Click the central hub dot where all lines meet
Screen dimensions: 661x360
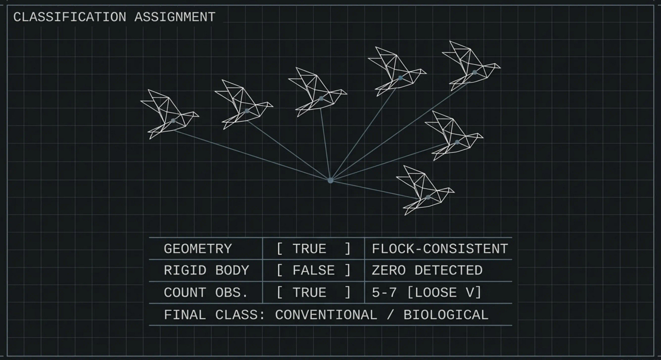tap(330, 180)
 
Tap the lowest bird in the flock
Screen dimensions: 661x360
tap(424, 191)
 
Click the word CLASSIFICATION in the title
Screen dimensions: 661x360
tap(69, 17)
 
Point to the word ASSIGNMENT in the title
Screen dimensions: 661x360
tap(175, 17)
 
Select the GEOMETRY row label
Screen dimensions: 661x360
tap(197, 249)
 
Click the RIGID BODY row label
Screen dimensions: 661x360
tap(206, 271)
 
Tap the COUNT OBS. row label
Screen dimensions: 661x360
tap(206, 293)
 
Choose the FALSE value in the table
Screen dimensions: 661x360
tap(313, 271)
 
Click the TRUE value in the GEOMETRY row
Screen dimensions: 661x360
tap(309, 249)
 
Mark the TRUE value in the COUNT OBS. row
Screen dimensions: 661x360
tap(309, 293)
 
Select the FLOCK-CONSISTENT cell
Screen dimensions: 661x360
tap(439, 249)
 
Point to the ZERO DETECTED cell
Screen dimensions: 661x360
tap(427, 271)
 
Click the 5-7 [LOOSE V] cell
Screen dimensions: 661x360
tap(426, 293)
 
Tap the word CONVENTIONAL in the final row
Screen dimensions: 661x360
tap(326, 315)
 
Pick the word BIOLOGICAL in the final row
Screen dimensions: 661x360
tap(446, 315)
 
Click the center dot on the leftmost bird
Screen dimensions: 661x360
tap(173, 121)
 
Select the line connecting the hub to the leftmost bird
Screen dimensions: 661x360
tap(252, 151)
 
